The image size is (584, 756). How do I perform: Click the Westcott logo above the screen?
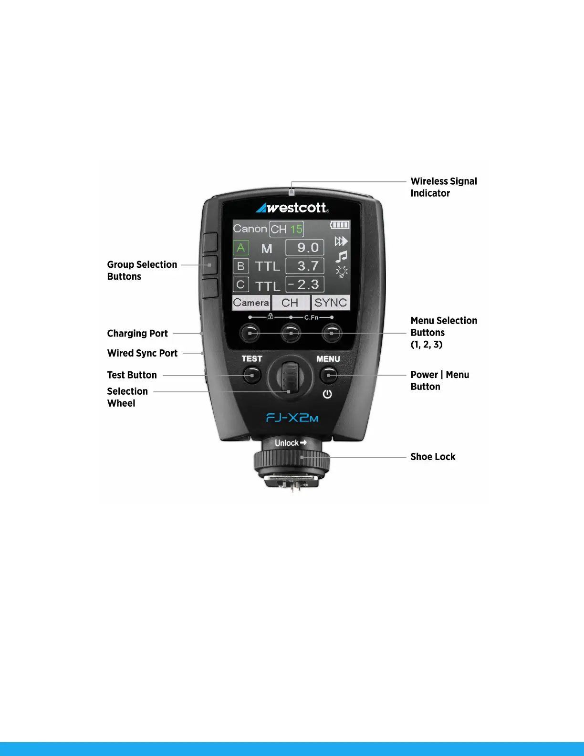click(x=292, y=208)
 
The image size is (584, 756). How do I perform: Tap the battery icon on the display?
click(x=340, y=225)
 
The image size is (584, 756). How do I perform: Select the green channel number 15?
click(x=296, y=229)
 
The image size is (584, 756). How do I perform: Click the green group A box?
click(x=240, y=248)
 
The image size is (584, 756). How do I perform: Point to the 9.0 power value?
click(x=305, y=248)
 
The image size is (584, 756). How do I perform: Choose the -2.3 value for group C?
click(x=305, y=284)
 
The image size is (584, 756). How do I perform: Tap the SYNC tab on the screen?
click(x=330, y=303)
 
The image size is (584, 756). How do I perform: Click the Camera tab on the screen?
click(x=251, y=303)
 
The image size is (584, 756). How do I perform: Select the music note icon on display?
click(x=341, y=257)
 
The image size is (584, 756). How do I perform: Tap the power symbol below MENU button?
click(x=327, y=394)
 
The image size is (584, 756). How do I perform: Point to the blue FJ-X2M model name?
click(x=292, y=418)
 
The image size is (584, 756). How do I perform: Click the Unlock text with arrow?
click(x=290, y=443)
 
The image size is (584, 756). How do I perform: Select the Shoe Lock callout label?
click(x=433, y=457)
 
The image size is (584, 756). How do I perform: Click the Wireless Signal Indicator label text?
click(x=444, y=187)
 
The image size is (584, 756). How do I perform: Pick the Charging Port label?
click(x=137, y=333)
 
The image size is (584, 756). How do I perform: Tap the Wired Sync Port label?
click(x=142, y=353)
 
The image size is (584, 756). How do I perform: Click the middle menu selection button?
click(x=291, y=333)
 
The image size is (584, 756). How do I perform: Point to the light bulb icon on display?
click(x=342, y=272)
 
